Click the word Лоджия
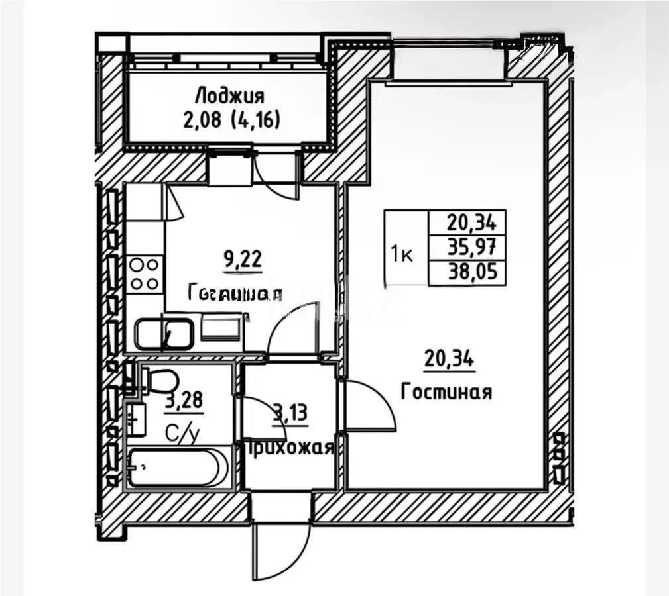coord(231,96)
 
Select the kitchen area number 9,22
coord(243,258)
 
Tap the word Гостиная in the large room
coord(446,392)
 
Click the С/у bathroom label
coord(182,434)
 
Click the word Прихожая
coord(288,448)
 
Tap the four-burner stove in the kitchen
coord(145,273)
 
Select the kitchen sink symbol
coord(164,334)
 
